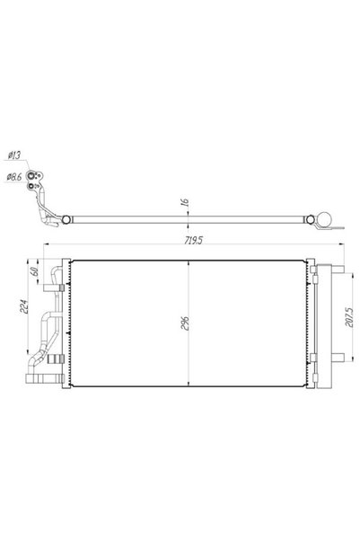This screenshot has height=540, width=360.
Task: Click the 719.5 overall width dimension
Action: click(193, 240)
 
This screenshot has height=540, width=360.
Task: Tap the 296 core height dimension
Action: click(185, 323)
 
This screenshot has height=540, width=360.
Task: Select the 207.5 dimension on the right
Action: click(349, 317)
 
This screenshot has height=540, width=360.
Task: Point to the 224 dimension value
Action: click(24, 306)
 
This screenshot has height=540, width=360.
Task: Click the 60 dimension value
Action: click(34, 271)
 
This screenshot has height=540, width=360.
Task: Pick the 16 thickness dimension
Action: click(184, 202)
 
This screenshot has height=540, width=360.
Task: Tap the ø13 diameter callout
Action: click(14, 155)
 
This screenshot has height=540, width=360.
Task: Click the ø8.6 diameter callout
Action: click(14, 177)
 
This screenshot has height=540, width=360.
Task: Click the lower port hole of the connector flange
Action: click(32, 186)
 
